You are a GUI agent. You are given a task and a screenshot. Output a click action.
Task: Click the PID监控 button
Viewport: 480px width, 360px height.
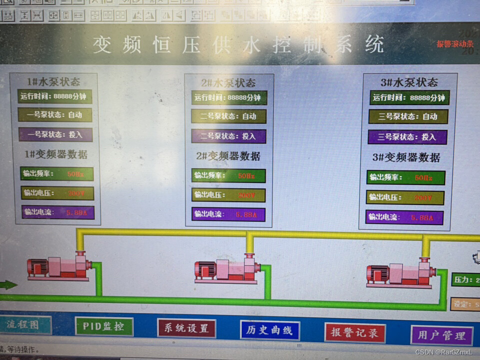(x=104, y=326)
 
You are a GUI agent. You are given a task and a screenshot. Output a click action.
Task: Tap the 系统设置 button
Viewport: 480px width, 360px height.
(x=186, y=328)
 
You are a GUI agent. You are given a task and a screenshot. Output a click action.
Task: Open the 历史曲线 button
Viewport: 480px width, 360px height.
(x=269, y=330)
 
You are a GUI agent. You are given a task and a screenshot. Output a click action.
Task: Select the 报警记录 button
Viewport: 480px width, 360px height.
(x=355, y=332)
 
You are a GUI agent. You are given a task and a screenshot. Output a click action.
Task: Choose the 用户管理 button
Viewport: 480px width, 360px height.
(x=441, y=335)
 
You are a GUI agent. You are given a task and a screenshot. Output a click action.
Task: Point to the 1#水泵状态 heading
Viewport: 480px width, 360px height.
(x=53, y=81)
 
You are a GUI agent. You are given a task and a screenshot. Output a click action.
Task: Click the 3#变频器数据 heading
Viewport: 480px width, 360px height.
(x=405, y=157)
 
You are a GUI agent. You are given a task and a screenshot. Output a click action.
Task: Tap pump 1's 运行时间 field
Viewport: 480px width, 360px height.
(x=54, y=96)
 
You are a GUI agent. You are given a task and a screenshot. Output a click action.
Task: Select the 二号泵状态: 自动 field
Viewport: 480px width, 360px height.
(x=228, y=116)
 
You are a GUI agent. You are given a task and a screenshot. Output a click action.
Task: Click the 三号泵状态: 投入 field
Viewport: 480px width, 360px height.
(x=407, y=137)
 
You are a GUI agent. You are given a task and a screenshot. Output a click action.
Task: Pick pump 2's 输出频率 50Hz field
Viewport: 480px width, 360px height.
(x=228, y=175)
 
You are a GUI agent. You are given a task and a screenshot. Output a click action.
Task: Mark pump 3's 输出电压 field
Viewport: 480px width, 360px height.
(x=405, y=197)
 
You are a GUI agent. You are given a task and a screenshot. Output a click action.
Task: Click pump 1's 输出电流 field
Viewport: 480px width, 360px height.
(x=57, y=212)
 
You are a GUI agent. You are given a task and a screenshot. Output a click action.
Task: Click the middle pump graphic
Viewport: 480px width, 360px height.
(x=227, y=270)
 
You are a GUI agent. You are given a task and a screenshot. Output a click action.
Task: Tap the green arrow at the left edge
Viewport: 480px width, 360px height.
(x=8, y=285)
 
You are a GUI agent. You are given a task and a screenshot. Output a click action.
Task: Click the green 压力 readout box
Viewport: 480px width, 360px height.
(x=465, y=279)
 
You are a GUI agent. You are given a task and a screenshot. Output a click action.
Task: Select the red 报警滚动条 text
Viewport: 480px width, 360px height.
(x=454, y=44)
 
